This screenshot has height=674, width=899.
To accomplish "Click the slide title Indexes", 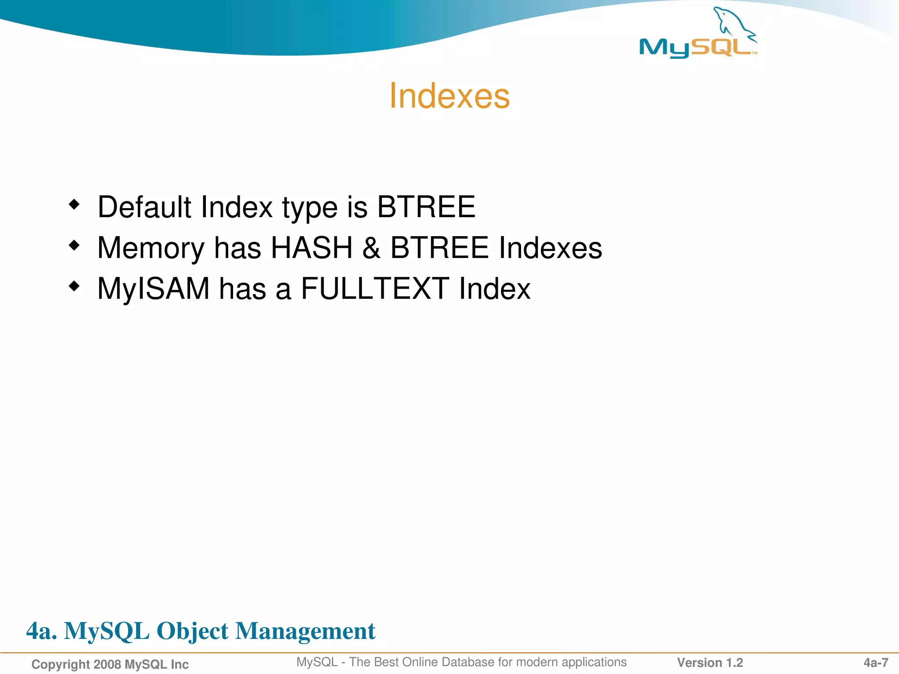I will pos(449,96).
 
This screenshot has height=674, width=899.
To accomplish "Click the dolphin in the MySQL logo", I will pos(734,24).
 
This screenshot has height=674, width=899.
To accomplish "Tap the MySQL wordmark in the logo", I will pos(696,47).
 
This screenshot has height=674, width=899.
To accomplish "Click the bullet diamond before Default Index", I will pos(74,204).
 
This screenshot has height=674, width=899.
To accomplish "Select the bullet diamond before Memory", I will pos(74,245).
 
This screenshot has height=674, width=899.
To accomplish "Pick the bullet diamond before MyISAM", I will pos(74,287).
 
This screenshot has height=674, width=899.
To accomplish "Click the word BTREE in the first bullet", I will pos(426,207).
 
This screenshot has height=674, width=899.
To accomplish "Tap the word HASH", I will pos(312,248).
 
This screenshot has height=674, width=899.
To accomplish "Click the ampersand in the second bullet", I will pos(371,248).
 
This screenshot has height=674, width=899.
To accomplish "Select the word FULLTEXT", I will pos(374,289).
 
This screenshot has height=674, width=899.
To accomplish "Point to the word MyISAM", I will pos(153,289).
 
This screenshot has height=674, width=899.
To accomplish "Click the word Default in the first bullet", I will pos(144,207).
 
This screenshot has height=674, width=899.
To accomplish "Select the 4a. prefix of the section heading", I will pos(42,631).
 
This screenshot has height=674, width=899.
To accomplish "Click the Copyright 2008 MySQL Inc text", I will pos(110,664).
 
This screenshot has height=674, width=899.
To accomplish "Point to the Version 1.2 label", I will pos(710,663).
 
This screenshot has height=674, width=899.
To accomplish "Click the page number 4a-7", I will pos(876,663).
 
